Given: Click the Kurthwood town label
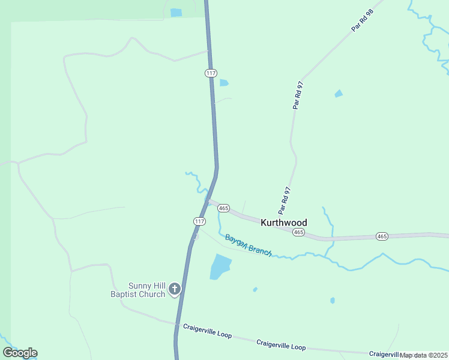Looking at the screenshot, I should pyautogui.click(x=284, y=223).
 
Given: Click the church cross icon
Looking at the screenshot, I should pyautogui.click(x=175, y=290).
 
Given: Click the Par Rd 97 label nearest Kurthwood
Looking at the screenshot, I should pyautogui.click(x=285, y=200).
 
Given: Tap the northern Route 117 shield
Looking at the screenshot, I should pyautogui.click(x=210, y=73).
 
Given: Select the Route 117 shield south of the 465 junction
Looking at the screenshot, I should pyautogui.click(x=200, y=221).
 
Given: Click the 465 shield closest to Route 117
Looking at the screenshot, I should pyautogui.click(x=223, y=208).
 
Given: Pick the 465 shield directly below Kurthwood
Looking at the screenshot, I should pyautogui.click(x=298, y=232).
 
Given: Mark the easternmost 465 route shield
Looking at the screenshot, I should pyautogui.click(x=382, y=236).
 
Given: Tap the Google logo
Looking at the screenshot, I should pyautogui.click(x=20, y=353).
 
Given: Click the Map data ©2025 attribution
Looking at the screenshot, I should pyautogui.click(x=424, y=355).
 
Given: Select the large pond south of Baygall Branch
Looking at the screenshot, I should pyautogui.click(x=220, y=266).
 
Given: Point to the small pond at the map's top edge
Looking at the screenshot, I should pyautogui.click(x=176, y=13).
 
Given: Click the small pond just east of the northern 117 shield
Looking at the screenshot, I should pyautogui.click(x=224, y=83).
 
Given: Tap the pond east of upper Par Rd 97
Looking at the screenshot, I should pyautogui.click(x=339, y=94).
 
